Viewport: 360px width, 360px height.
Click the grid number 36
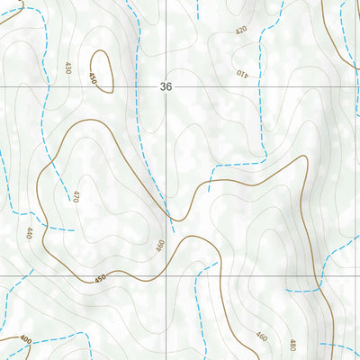(x=165, y=87)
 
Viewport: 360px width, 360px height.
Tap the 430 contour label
(x=68, y=67)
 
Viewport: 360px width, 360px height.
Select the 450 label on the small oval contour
(x=93, y=79)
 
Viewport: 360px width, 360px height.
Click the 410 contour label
(x=240, y=72)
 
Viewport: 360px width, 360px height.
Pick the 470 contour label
(x=76, y=195)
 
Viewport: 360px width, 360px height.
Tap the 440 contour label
(x=29, y=233)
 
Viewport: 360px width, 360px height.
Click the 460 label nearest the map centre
(x=159, y=244)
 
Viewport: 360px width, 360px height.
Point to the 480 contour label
(x=292, y=345)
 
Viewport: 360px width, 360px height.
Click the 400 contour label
(x=25, y=340)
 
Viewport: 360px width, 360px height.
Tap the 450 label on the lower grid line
(x=100, y=277)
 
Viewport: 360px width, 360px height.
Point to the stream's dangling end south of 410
(x=209, y=190)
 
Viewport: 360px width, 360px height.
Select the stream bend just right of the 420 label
(x=261, y=36)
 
